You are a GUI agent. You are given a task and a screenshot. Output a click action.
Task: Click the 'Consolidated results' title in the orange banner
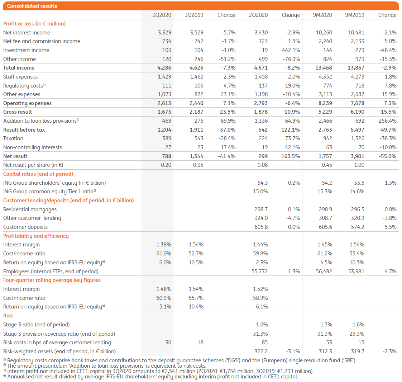pyautogui.click(x=32, y=6)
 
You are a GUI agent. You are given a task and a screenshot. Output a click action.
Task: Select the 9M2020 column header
pyautogui.click(x=322, y=15)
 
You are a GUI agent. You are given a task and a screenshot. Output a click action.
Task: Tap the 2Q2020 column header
pyautogui.click(x=258, y=15)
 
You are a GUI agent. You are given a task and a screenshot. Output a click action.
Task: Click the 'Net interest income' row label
pyautogui.click(x=27, y=33)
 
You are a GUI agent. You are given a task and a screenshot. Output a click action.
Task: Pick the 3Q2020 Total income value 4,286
pyautogui.click(x=164, y=68)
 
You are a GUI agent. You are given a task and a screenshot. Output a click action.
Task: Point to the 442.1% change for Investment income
pyautogui.click(x=291, y=50)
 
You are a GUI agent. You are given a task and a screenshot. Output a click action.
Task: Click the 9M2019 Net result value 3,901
pyautogui.click(x=357, y=156)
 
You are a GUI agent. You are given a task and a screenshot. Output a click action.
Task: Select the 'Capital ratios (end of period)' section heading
pyautogui.click(x=38, y=174)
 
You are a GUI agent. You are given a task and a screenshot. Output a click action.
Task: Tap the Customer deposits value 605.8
pyautogui.click(x=261, y=227)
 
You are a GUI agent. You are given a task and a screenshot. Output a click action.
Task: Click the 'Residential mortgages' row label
pyautogui.click(x=30, y=209)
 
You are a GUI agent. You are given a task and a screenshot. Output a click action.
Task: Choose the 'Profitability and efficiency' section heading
pyautogui.click(x=36, y=236)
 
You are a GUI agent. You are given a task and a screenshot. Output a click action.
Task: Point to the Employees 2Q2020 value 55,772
pyautogui.click(x=260, y=272)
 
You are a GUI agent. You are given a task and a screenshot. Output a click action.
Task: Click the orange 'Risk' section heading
pyautogui.click(x=8, y=316)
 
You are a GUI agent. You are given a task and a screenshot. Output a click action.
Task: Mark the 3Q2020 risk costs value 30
pyautogui.click(x=168, y=343)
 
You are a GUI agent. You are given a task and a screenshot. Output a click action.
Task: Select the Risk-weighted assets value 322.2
pyautogui.click(x=261, y=352)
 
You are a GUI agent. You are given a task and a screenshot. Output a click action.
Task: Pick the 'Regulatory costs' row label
pyautogui.click(x=24, y=86)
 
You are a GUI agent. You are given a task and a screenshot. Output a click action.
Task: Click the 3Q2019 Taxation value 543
pyautogui.click(x=198, y=138)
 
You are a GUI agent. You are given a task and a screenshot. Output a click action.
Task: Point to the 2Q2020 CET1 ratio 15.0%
pyautogui.click(x=260, y=192)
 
